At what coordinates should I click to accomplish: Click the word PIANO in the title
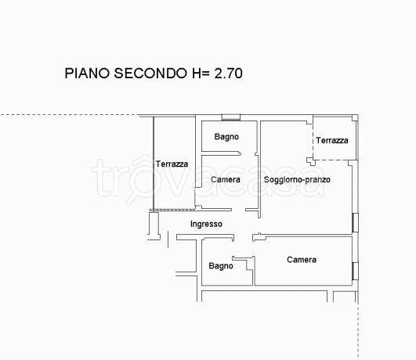(87, 73)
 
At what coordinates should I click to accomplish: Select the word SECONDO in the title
(150, 73)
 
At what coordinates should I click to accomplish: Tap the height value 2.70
(228, 73)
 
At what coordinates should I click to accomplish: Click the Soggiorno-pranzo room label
(297, 180)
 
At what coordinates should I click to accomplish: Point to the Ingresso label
(206, 225)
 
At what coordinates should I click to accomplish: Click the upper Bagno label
(226, 137)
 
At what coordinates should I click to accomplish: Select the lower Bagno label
(221, 266)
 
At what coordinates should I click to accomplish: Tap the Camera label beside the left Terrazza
(226, 179)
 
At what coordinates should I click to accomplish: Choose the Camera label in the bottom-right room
(302, 260)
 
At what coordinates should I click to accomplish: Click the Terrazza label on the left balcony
(172, 164)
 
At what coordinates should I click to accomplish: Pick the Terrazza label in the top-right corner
(332, 140)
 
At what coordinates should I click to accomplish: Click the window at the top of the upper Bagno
(231, 117)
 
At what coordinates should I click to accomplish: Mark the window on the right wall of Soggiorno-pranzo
(355, 223)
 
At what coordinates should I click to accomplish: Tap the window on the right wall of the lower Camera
(355, 271)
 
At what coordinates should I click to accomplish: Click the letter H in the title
(197, 73)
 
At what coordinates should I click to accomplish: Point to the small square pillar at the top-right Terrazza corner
(355, 117)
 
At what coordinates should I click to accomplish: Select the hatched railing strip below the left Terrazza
(172, 211)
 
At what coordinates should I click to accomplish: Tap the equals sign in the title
(206, 74)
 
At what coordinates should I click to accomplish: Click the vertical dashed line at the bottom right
(358, 330)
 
